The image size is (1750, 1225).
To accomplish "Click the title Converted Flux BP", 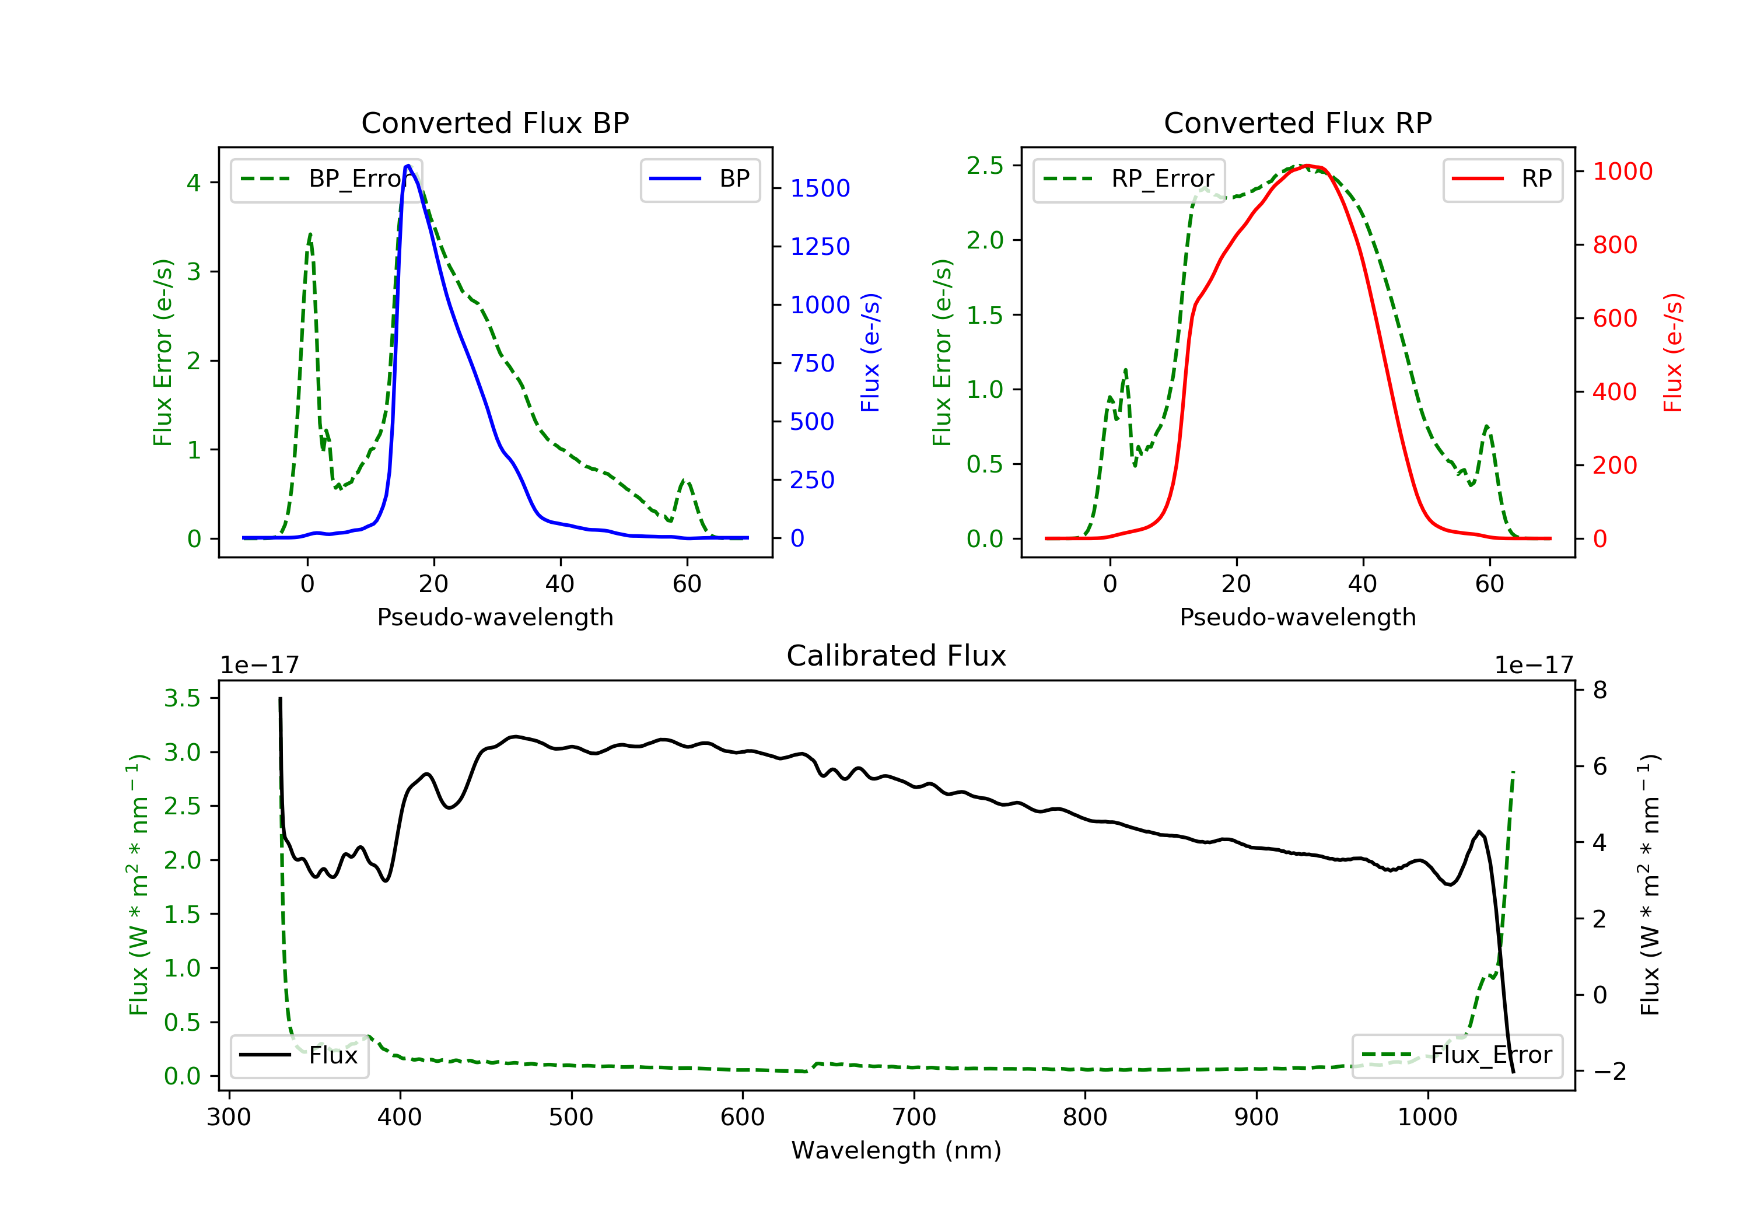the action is [495, 123].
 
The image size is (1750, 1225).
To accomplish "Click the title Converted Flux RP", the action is [1297, 123].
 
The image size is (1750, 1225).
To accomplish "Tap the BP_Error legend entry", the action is [326, 179].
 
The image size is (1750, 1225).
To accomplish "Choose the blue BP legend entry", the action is [699, 179].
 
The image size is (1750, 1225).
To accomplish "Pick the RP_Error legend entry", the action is [1129, 179].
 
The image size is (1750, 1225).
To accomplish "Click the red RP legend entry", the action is [1502, 179].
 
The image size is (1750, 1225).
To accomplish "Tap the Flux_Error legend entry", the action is [1457, 1055].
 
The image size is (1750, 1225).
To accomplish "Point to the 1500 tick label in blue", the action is [820, 188].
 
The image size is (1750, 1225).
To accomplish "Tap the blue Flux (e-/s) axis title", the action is [870, 352].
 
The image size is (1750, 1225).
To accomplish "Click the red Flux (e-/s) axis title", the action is [1673, 352].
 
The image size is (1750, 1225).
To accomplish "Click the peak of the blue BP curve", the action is [408, 166].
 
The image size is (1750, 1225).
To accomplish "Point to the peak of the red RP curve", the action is [1307, 166].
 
